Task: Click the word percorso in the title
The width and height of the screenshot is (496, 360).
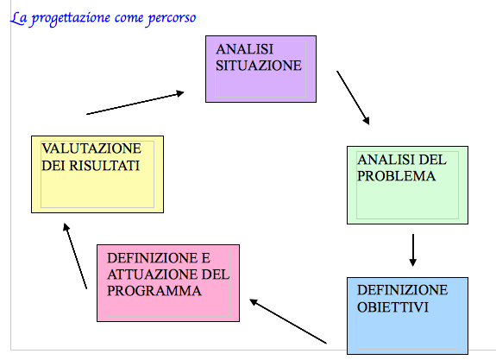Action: pyautogui.click(x=172, y=19)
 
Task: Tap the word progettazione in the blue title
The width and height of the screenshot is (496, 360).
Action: pyautogui.click(x=72, y=19)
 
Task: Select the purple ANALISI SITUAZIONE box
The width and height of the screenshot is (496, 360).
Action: pyautogui.click(x=261, y=69)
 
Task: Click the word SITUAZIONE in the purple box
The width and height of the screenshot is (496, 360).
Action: pyautogui.click(x=259, y=66)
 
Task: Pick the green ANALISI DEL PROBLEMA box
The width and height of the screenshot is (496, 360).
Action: pyautogui.click(x=407, y=186)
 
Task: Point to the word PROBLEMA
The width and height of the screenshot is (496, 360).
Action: pyautogui.click(x=396, y=176)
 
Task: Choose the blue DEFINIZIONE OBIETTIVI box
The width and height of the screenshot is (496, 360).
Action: pyautogui.click(x=407, y=316)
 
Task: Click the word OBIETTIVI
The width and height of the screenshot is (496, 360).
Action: pyautogui.click(x=392, y=307)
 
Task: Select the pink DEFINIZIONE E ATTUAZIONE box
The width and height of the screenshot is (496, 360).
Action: pyautogui.click(x=168, y=283)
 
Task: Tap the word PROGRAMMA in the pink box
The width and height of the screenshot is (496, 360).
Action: pyautogui.click(x=154, y=291)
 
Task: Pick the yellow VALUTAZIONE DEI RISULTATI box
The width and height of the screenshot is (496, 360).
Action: pyautogui.click(x=97, y=174)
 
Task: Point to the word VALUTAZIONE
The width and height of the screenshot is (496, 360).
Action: pyautogui.click(x=91, y=148)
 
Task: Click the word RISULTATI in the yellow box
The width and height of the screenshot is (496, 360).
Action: pyautogui.click(x=104, y=166)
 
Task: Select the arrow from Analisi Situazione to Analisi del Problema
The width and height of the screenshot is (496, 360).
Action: pyautogui.click(x=353, y=98)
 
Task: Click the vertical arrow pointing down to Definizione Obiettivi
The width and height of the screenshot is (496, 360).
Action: pyautogui.click(x=413, y=250)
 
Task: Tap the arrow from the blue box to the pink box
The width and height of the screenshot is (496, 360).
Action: pyautogui.click(x=288, y=321)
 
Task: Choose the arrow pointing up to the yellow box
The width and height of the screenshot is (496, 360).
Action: pyautogui.click(x=75, y=256)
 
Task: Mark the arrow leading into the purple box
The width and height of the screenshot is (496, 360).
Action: pyautogui.click(x=135, y=103)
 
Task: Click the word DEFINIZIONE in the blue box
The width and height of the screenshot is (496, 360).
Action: pyautogui.click(x=402, y=290)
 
